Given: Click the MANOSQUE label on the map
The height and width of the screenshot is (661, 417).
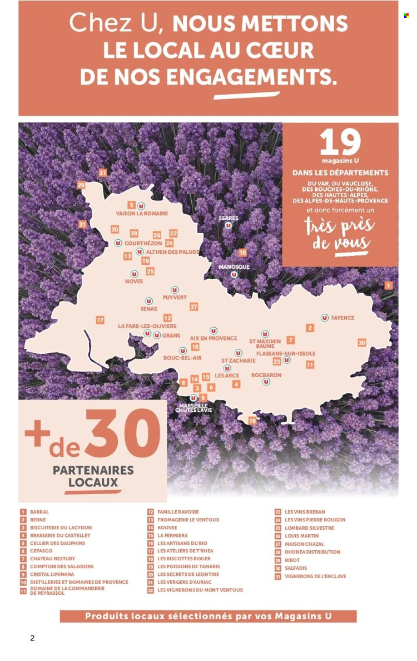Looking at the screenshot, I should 234,267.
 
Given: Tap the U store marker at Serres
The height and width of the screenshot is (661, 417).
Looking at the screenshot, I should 228,225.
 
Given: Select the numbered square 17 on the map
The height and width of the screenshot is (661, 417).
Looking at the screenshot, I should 100,320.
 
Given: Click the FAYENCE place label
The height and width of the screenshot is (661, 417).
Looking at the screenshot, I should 342,318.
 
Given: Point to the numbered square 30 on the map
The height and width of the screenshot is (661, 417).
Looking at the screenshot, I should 361,343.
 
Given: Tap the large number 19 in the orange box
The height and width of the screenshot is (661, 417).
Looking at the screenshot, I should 340,144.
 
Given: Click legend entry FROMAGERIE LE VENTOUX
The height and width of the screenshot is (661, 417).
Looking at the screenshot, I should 188,520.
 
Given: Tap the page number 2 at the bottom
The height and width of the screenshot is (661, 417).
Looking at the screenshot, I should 32,638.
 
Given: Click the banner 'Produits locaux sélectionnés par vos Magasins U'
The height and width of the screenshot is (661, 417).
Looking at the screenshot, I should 208,616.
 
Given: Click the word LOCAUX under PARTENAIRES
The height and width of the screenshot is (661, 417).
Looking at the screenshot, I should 93,484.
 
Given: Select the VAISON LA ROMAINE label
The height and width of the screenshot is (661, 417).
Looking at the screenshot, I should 142,213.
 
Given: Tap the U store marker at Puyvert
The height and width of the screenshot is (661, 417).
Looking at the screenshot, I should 175,290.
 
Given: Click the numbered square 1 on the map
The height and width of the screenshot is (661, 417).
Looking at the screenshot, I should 388,285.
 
